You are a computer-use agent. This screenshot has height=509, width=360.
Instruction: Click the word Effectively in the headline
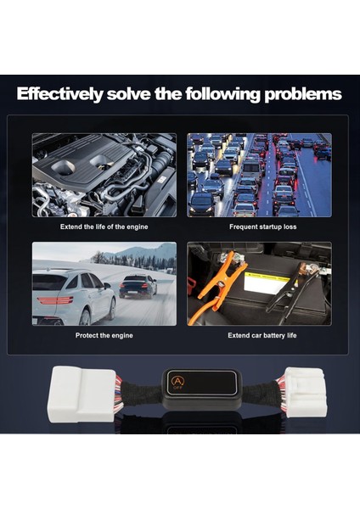pyautogui.click(x=63, y=94)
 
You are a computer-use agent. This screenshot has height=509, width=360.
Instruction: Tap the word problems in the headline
pyautogui.click(x=300, y=94)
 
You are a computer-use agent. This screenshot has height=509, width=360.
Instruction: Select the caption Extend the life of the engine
pyautogui.click(x=104, y=227)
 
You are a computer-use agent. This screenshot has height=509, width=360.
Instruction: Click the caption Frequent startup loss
pyautogui.click(x=259, y=227)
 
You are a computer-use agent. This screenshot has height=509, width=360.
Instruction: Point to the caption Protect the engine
pyautogui.click(x=104, y=335)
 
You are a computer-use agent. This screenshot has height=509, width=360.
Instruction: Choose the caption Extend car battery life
pyautogui.click(x=259, y=335)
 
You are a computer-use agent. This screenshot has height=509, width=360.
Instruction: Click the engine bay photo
pyautogui.click(x=104, y=175)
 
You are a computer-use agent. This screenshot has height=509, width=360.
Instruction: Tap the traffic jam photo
pyautogui.click(x=259, y=175)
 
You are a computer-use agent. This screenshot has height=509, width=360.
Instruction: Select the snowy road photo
pyautogui.click(x=104, y=283)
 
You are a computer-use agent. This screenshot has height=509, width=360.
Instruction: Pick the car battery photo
pyautogui.click(x=259, y=283)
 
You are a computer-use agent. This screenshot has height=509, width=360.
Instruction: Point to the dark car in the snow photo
pyautogui.click(x=138, y=285)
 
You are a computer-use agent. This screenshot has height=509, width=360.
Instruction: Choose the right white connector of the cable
pyautogui.click(x=303, y=392)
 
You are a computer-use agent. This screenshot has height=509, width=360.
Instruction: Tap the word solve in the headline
pyautogui.click(x=142, y=94)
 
